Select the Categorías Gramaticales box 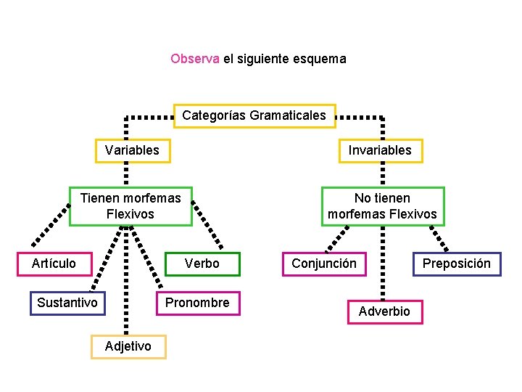click(254, 115)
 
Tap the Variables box click(133, 150)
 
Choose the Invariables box click(380, 150)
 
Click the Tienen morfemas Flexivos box click(130, 206)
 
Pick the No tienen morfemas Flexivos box click(382, 206)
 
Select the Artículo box click(54, 264)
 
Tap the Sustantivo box click(67, 303)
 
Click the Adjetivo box click(128, 346)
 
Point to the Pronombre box click(197, 303)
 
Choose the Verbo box click(202, 264)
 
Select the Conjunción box click(324, 264)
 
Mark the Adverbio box click(384, 311)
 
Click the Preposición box click(457, 264)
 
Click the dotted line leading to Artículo click(51, 226)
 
